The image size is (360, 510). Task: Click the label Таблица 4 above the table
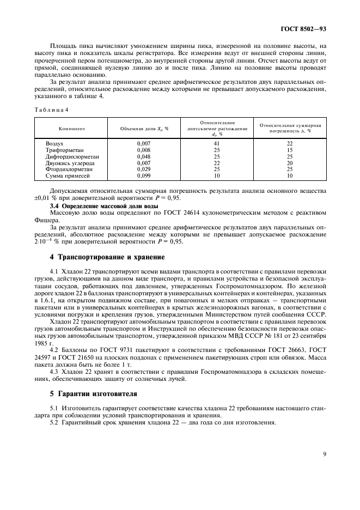tap(51, 109)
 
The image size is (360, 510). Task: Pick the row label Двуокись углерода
tap(70, 163)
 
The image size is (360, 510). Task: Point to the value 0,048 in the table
tap(144, 156)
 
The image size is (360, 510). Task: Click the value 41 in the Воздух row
tap(217, 143)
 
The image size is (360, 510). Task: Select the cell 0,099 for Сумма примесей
tap(144, 176)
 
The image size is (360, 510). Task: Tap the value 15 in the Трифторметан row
tap(290, 149)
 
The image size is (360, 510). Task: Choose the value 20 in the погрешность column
tap(290, 163)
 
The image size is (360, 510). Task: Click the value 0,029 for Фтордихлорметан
tap(144, 169)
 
